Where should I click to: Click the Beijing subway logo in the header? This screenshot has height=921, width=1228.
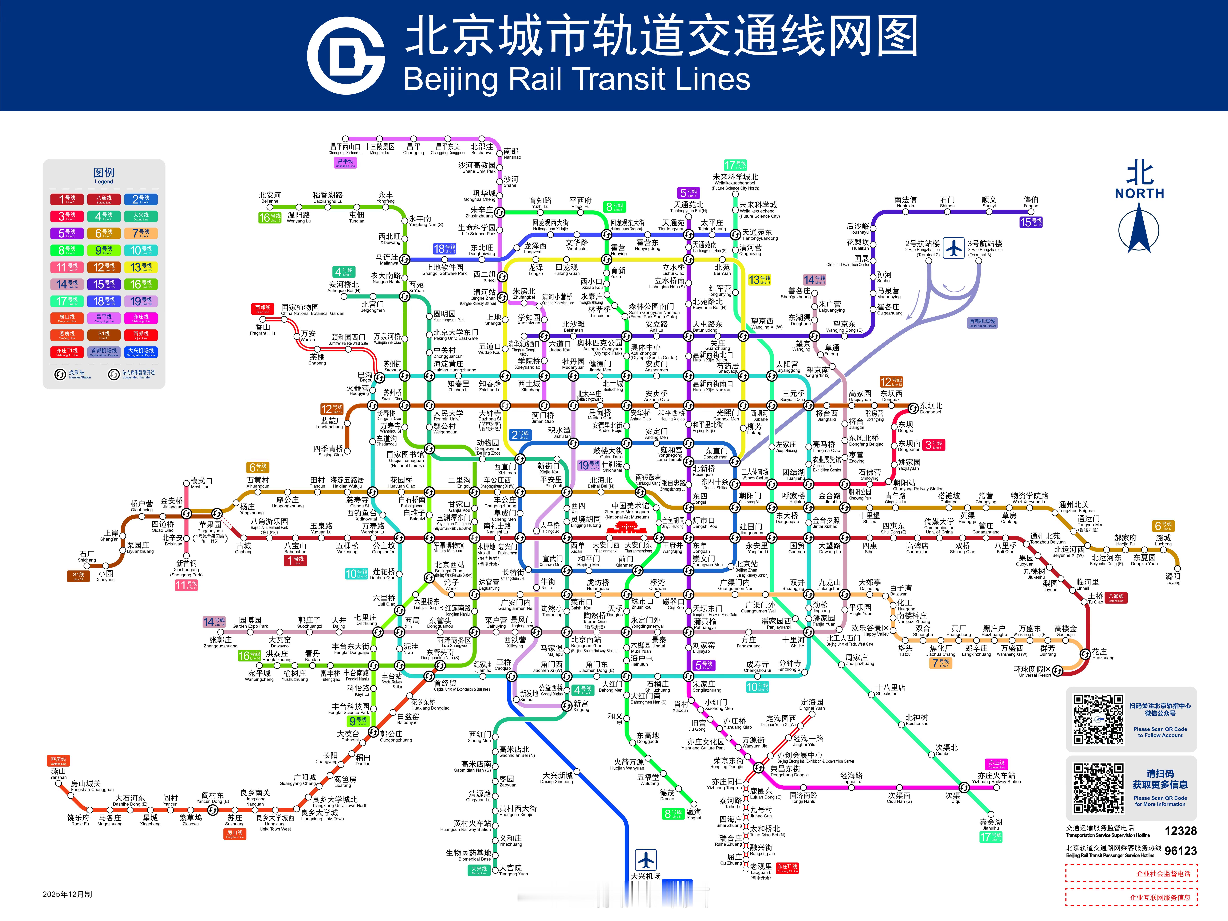click(346, 56)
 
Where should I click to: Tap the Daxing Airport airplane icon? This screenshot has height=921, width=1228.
click(646, 860)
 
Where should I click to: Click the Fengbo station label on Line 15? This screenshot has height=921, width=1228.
click(1030, 202)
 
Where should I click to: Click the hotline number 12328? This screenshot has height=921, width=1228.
click(1180, 831)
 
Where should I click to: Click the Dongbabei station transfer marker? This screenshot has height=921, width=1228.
click(913, 409)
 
